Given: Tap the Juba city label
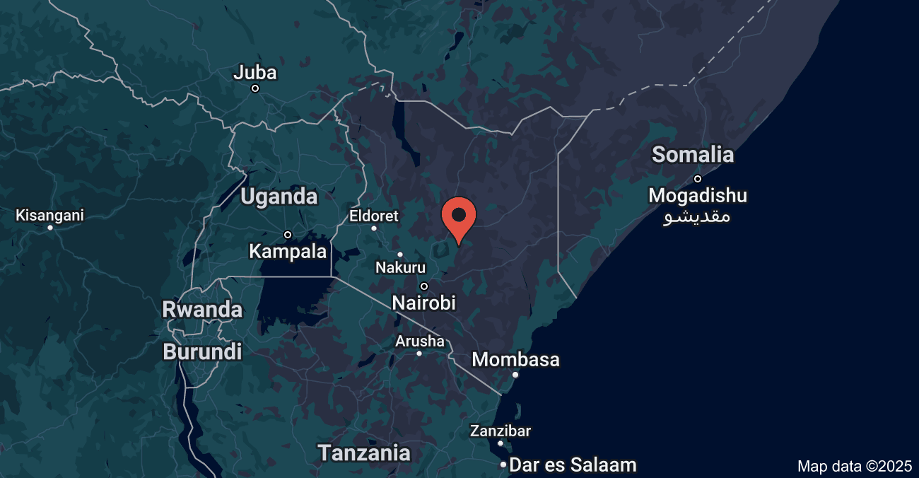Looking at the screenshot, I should tap(255, 72).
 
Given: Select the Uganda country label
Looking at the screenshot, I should tap(279, 197).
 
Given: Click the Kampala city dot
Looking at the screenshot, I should tap(288, 235).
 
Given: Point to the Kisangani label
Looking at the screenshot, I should tap(49, 215).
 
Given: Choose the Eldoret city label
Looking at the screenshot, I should tap(374, 216).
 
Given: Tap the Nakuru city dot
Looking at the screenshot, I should tap(400, 255).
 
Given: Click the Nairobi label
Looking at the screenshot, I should tap(424, 303).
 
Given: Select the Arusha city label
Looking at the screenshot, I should tap(420, 342).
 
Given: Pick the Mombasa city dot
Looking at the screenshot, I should tap(515, 375).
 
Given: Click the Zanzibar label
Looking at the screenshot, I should tap(501, 431).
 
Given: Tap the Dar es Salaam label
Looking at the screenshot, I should tap(573, 465).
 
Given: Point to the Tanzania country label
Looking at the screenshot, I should tap(364, 453).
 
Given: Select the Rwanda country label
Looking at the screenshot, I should tap(202, 310).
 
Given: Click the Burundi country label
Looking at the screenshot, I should tap(202, 351).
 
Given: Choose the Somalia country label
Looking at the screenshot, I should tap(693, 154).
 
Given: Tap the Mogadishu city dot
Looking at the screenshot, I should tap(698, 179).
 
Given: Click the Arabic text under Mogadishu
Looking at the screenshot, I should tap(697, 216).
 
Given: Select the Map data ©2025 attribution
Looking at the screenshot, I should tap(854, 466).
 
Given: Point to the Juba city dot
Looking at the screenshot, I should tap(255, 88).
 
